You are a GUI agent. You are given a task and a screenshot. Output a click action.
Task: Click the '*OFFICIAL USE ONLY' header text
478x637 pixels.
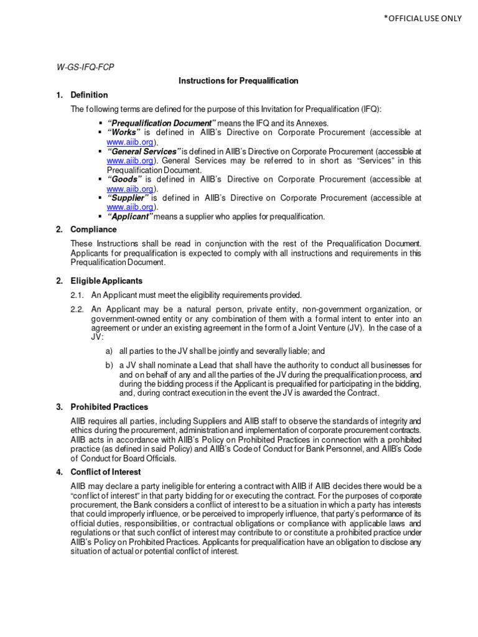point(423,18)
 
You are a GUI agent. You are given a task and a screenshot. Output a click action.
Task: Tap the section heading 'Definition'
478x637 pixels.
point(89,95)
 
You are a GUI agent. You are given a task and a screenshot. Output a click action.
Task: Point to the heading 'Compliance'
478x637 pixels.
point(93,230)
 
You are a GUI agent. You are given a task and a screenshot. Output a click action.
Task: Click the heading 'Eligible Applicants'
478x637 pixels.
point(106,281)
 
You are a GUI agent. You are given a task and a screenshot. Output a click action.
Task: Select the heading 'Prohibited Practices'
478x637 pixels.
point(109,407)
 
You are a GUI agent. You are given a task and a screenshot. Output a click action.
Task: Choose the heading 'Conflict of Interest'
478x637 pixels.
point(105,472)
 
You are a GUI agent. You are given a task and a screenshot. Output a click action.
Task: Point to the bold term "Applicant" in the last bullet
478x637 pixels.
point(130,216)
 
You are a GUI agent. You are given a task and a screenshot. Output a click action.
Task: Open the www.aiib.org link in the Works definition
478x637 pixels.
point(129,142)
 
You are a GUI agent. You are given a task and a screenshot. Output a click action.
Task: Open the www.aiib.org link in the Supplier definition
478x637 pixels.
point(129,207)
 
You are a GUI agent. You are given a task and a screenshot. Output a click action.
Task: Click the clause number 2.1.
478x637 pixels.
point(77,295)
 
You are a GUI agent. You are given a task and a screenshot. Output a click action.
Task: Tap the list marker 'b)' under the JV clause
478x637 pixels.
point(110,365)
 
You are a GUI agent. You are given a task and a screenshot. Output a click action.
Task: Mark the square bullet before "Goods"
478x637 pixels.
point(100,179)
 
